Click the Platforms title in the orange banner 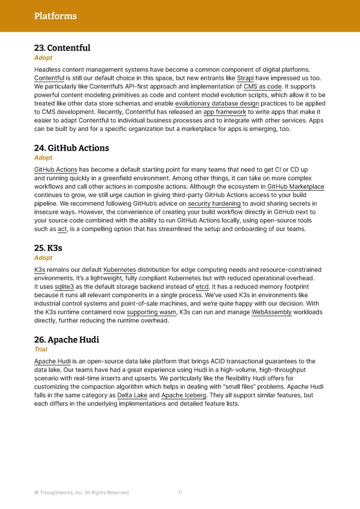coord(55,16)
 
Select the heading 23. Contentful coord(62,47)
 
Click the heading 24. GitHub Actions coord(71,148)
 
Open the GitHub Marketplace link coord(295,187)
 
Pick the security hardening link coord(214,203)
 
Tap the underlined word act coord(62,229)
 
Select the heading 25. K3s coord(48,248)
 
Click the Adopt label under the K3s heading coord(43,258)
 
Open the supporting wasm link coord(152,312)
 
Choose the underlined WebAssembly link coord(271,312)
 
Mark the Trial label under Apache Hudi coord(41,349)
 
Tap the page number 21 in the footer coord(180,493)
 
